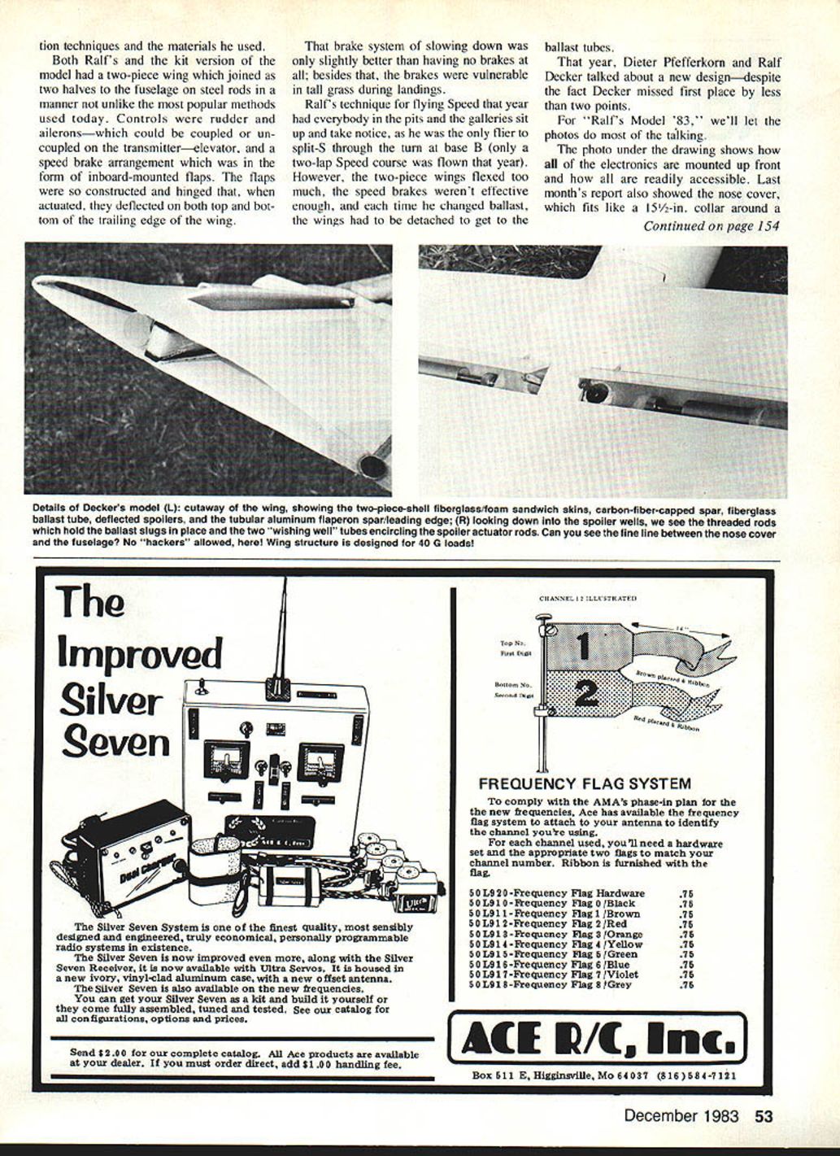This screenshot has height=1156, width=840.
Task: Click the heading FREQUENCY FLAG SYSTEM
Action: point(585,784)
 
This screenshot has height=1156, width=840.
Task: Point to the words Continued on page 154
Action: point(711,225)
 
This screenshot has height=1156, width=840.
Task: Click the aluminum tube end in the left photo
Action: point(373,467)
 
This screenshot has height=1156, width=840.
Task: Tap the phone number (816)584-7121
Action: point(697,1075)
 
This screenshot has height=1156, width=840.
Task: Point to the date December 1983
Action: point(681,1115)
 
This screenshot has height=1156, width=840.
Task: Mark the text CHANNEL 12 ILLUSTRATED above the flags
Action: point(587,599)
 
